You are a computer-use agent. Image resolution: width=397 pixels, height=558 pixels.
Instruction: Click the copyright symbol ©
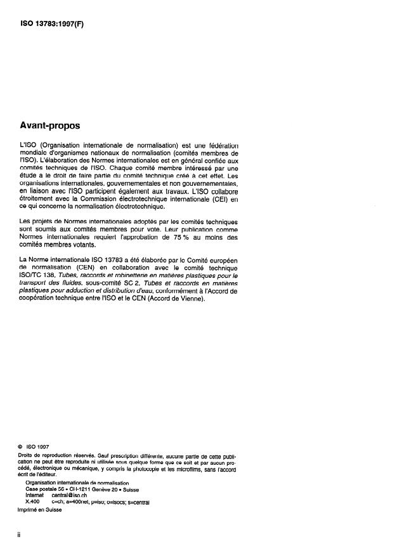coord(22,446)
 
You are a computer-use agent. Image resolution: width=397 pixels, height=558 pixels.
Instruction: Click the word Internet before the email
coord(34,495)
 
